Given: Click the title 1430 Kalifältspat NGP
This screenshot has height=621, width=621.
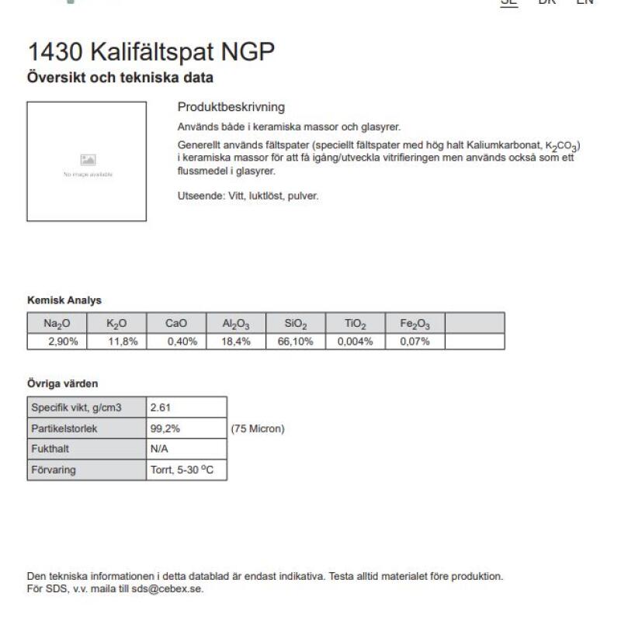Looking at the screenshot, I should (151, 53).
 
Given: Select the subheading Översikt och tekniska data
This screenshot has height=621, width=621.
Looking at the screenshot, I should (120, 78).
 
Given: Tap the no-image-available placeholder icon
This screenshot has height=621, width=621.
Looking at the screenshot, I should (88, 159).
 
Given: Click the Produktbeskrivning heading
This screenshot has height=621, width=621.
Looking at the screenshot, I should (231, 107).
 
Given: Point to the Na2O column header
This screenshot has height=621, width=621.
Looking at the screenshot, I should (57, 324).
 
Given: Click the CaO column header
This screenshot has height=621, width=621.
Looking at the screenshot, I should (176, 324).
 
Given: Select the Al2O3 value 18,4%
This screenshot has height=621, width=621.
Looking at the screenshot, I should (236, 342).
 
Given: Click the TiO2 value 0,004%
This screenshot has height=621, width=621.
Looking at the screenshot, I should (356, 342).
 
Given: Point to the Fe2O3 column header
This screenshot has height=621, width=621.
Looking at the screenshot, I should (415, 324).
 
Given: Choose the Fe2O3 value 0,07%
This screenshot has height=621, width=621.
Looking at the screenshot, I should (415, 342).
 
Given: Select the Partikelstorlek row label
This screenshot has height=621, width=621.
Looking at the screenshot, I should (64, 428).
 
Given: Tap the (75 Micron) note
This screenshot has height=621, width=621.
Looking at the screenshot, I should (258, 428).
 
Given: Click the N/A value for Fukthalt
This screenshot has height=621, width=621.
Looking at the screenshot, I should (159, 449).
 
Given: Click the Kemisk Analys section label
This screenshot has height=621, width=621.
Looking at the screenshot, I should (64, 300).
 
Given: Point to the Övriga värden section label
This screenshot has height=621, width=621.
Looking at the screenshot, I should (63, 383).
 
